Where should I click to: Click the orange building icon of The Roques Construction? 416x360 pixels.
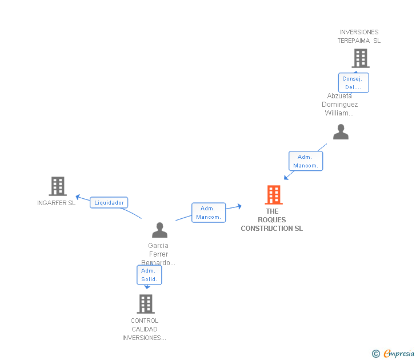[x=274, y=195]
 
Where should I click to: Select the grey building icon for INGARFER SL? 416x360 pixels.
[x=58, y=186]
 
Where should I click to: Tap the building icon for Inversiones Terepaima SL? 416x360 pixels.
[x=360, y=58]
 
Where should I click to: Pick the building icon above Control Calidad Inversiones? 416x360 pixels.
[x=146, y=303]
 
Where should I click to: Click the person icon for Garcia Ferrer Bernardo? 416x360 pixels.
[x=159, y=230]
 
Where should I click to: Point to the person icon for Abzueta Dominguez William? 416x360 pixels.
[x=341, y=132]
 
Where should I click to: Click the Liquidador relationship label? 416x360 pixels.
[x=109, y=202]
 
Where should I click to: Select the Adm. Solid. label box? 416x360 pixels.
[x=149, y=275]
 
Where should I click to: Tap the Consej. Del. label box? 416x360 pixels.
[x=353, y=83]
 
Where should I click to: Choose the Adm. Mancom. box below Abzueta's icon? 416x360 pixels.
[x=306, y=161]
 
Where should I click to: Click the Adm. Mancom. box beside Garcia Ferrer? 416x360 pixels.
[x=209, y=213]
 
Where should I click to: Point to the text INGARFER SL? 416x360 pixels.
[x=56, y=203]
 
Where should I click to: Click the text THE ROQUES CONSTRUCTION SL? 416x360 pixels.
[x=272, y=220]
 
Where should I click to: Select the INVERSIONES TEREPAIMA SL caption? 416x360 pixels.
[x=359, y=37]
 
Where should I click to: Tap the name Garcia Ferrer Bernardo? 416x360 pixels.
[x=158, y=254]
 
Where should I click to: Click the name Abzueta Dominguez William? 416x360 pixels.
[x=340, y=105]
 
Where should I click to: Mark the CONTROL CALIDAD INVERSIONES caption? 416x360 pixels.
[x=145, y=329]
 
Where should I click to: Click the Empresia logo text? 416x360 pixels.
[x=398, y=354]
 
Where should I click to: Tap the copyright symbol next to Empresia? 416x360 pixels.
[x=376, y=354]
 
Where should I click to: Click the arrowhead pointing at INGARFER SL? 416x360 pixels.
[x=78, y=198]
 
